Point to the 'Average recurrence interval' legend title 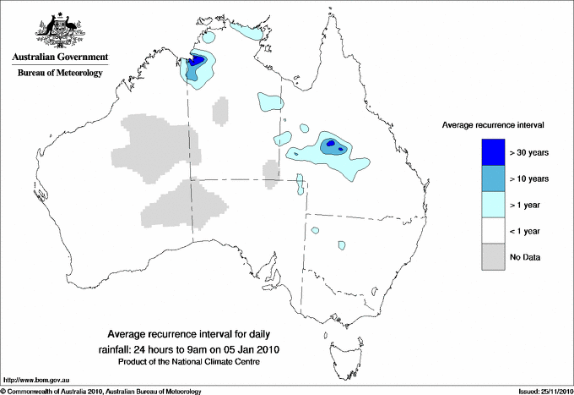coord(493,124)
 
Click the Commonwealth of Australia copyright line coord(101,391)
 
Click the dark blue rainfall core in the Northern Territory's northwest coord(197,61)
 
